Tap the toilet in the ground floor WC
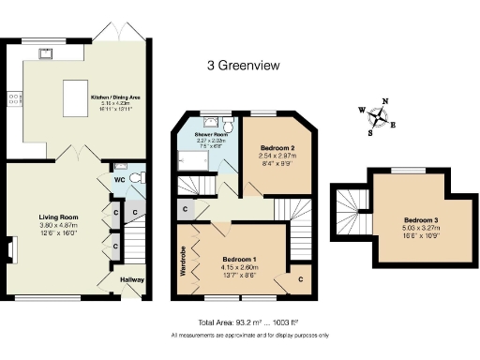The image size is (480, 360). [x=137, y=177]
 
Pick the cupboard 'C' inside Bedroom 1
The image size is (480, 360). [x=301, y=278]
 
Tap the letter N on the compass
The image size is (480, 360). [x=388, y=102]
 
